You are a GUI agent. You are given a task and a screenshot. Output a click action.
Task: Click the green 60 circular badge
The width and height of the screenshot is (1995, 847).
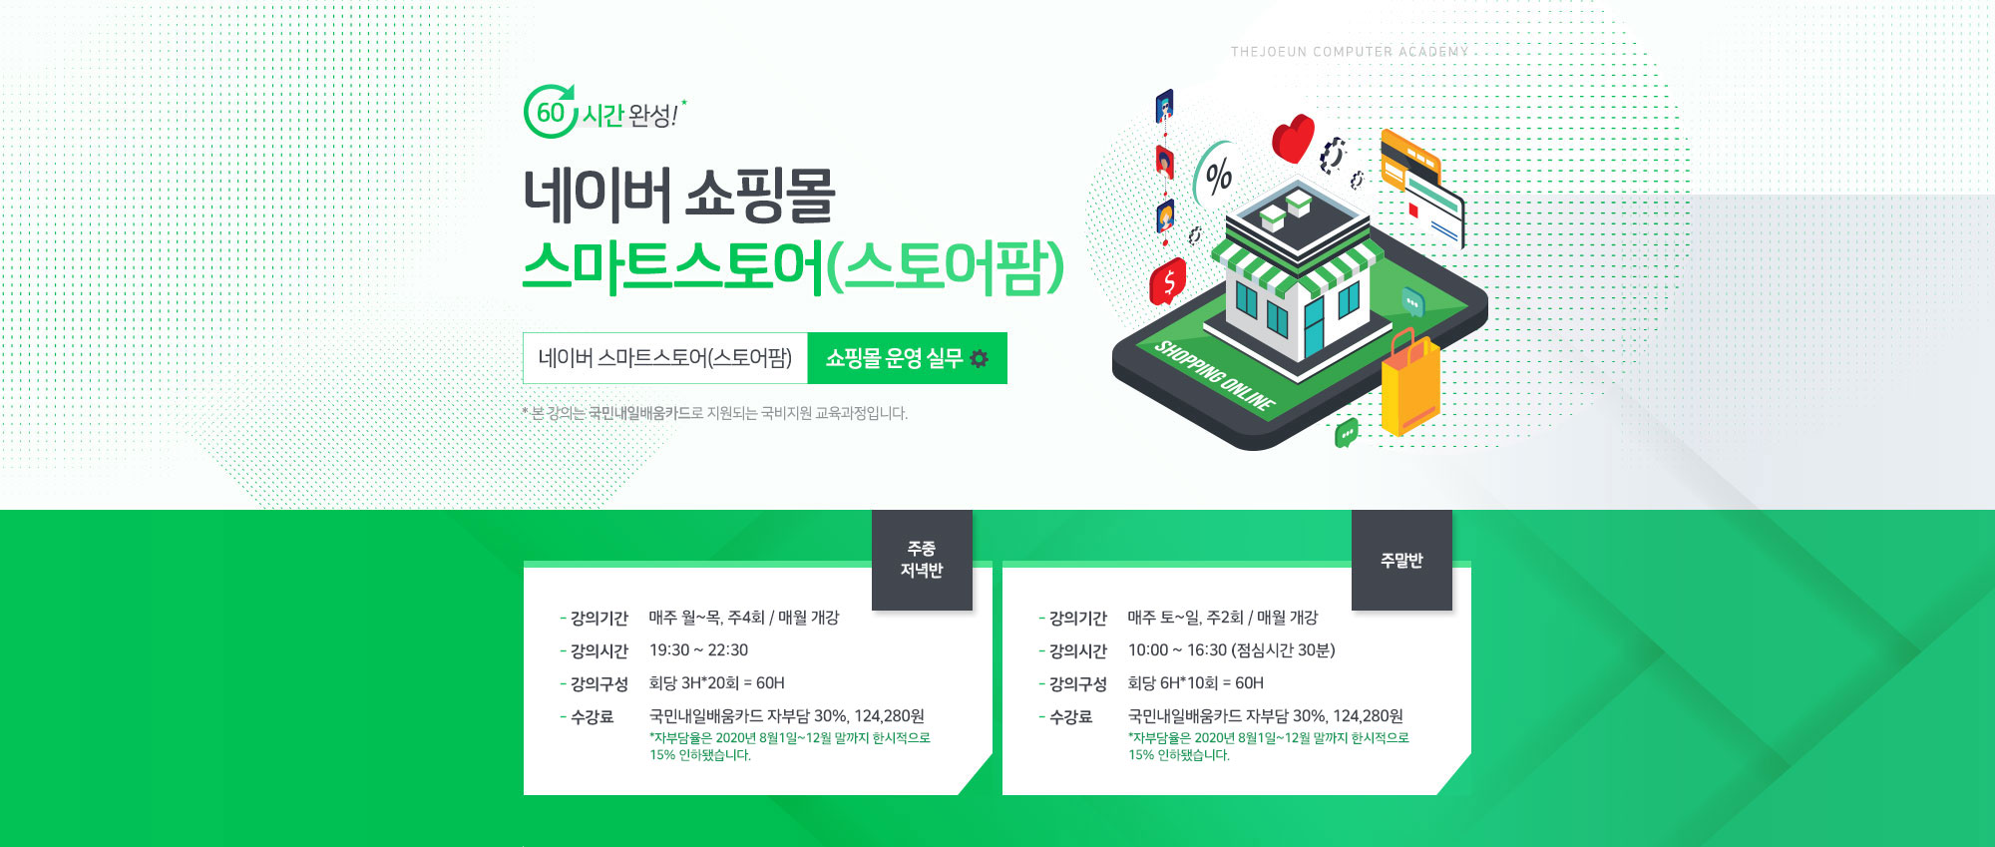click(x=550, y=112)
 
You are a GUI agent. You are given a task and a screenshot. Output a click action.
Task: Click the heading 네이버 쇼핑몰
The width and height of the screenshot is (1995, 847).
click(x=679, y=196)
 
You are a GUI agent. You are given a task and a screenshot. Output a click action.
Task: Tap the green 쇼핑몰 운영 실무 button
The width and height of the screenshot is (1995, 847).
click(x=907, y=358)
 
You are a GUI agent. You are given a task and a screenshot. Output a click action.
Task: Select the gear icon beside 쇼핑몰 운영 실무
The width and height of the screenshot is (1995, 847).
click(x=980, y=358)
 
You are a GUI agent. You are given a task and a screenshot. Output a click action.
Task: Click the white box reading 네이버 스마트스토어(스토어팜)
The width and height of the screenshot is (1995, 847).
click(x=665, y=358)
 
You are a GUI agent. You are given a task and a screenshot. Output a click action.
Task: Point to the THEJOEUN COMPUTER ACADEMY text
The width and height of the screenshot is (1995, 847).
click(x=1350, y=52)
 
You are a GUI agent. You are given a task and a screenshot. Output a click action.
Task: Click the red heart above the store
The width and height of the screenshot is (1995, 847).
click(x=1294, y=138)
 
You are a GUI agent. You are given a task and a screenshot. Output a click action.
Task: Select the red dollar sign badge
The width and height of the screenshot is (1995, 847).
click(x=1168, y=282)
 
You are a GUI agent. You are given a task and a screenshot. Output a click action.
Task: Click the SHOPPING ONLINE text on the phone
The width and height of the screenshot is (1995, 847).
click(x=1214, y=375)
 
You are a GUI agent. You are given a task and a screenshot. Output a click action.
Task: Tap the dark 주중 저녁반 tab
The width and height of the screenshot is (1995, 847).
click(x=922, y=560)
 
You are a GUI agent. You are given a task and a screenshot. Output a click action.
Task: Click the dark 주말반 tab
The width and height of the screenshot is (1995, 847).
click(x=1401, y=560)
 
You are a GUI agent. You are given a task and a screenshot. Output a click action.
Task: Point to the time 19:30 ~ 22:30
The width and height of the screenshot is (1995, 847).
click(x=698, y=650)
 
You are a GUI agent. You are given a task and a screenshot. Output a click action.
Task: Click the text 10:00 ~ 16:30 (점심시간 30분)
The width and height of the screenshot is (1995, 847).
click(x=1231, y=650)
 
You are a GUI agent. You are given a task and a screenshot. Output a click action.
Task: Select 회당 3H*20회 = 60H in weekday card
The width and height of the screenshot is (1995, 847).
click(x=716, y=683)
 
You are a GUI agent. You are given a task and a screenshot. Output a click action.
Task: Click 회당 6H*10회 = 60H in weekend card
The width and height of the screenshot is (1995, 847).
click(x=1195, y=683)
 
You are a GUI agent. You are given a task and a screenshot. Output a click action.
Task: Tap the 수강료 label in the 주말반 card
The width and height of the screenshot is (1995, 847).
click(x=1070, y=716)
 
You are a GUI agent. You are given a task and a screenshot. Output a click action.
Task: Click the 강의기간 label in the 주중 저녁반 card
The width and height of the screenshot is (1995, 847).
click(x=598, y=619)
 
